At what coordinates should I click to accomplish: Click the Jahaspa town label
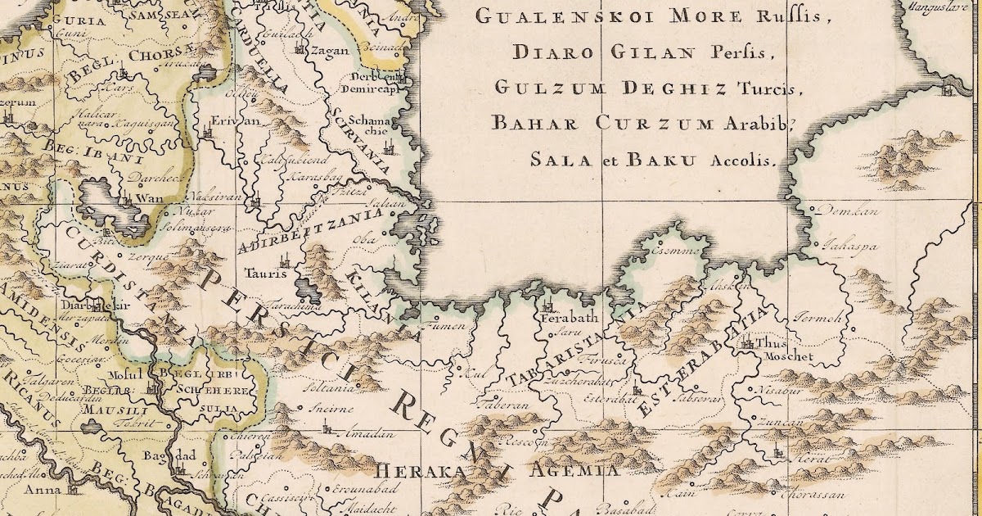849,244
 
